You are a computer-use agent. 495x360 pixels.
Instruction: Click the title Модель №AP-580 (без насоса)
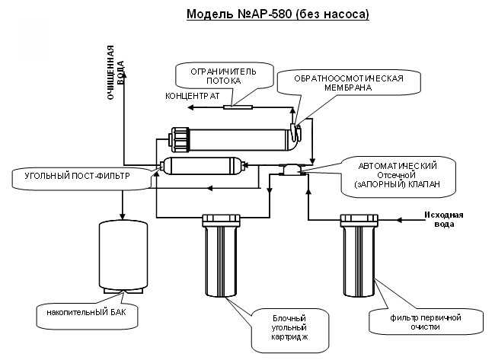(x=277, y=14)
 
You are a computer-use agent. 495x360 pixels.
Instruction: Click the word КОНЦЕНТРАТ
(x=193, y=97)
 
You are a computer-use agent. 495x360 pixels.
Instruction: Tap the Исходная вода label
(x=443, y=218)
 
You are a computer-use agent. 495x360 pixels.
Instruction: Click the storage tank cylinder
(x=123, y=256)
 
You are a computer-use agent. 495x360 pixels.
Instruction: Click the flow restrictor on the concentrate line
(x=238, y=107)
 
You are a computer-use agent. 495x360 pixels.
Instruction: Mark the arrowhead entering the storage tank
(x=123, y=215)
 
